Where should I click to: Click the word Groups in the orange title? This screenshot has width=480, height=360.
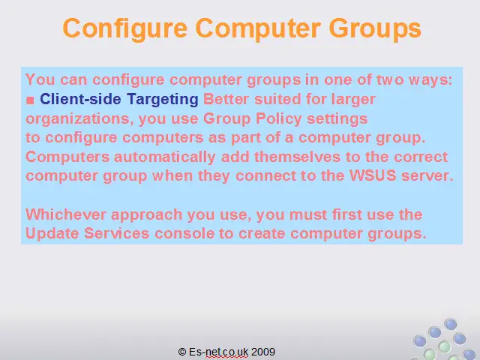[375, 29]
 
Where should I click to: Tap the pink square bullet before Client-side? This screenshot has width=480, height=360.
[30, 100]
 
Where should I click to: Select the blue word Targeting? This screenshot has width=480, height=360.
[163, 100]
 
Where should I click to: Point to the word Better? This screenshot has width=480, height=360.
[226, 99]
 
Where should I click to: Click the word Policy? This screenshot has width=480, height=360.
[278, 118]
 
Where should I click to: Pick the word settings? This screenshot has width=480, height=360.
[337, 118]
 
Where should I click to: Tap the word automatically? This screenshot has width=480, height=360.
[165, 157]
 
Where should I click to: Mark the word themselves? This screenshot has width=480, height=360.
[297, 157]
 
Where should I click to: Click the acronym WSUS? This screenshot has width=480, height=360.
[373, 175]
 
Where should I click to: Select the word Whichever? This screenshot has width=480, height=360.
[66, 214]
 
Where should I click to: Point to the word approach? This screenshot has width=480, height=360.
[147, 215]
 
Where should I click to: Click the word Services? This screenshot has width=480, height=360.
[117, 233]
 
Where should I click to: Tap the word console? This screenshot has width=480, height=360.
[184, 233]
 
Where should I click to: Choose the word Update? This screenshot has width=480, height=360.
[52, 233]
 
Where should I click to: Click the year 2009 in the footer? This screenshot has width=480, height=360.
[263, 352]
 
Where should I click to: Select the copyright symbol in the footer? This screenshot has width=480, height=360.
[182, 352]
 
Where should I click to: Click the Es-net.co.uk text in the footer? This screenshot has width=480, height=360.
[218, 352]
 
